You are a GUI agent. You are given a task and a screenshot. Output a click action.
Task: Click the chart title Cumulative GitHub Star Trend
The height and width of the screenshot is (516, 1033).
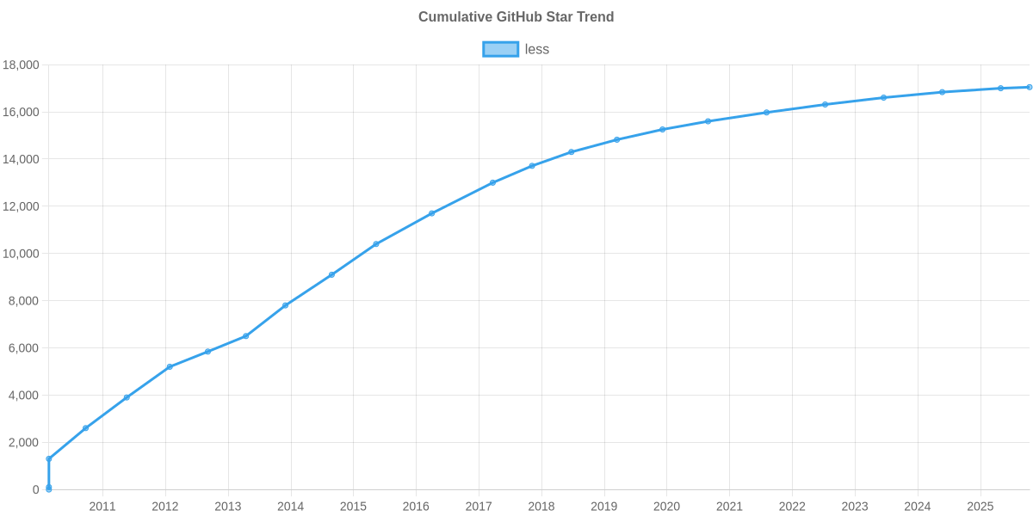click(x=516, y=17)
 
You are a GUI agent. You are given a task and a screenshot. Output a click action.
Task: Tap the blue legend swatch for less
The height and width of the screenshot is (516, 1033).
click(x=500, y=49)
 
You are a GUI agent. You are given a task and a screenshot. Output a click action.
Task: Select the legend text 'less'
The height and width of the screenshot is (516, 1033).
click(x=537, y=49)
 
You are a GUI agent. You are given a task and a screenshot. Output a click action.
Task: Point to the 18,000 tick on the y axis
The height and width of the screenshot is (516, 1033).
click(x=21, y=65)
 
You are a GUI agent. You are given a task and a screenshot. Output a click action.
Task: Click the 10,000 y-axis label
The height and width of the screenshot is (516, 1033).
click(x=21, y=254)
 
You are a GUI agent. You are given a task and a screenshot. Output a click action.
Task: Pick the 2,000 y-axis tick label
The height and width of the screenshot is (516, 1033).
click(x=23, y=442)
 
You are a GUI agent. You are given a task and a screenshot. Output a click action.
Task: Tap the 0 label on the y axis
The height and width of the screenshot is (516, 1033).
click(x=36, y=489)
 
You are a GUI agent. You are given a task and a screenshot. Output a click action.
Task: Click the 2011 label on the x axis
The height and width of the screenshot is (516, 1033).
click(x=102, y=507)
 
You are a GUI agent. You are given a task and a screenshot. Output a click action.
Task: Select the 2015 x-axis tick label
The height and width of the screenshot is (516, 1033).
click(x=353, y=507)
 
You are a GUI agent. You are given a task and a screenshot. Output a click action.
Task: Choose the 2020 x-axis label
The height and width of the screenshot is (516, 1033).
click(x=666, y=507)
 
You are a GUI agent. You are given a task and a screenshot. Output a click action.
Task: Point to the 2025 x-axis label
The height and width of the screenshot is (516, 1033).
click(x=980, y=507)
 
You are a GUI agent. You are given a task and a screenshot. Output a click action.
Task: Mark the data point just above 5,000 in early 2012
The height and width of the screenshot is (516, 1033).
click(x=170, y=366)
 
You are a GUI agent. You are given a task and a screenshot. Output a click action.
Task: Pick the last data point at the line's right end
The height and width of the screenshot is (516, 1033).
click(x=1029, y=87)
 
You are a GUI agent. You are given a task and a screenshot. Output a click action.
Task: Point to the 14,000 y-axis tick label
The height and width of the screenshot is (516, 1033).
click(x=21, y=159)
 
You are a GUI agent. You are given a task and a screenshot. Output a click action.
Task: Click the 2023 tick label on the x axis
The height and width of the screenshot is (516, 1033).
click(x=855, y=507)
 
